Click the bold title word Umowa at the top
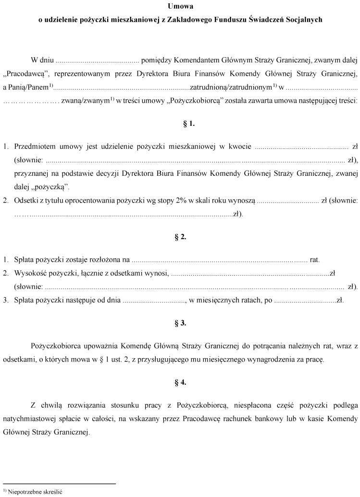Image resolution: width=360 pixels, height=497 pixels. click(x=179, y=6)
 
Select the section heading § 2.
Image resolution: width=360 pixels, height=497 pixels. click(x=180, y=237)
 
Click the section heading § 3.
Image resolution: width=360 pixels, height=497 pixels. click(x=180, y=323)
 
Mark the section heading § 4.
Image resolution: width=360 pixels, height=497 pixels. click(x=180, y=382)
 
